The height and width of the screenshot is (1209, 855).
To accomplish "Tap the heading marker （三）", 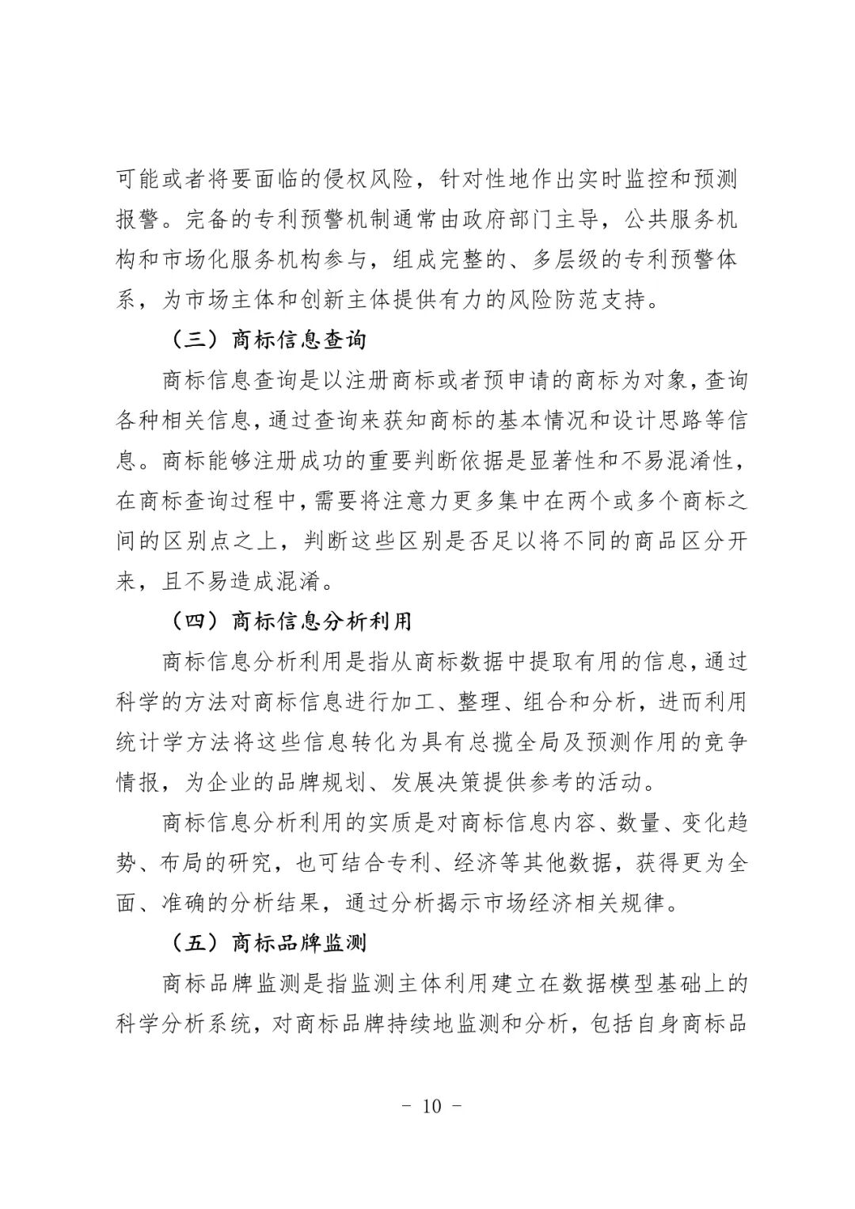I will coord(193,340).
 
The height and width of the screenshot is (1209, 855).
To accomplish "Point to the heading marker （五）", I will coord(193,943).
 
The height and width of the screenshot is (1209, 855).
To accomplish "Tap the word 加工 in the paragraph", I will coord(411,702).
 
